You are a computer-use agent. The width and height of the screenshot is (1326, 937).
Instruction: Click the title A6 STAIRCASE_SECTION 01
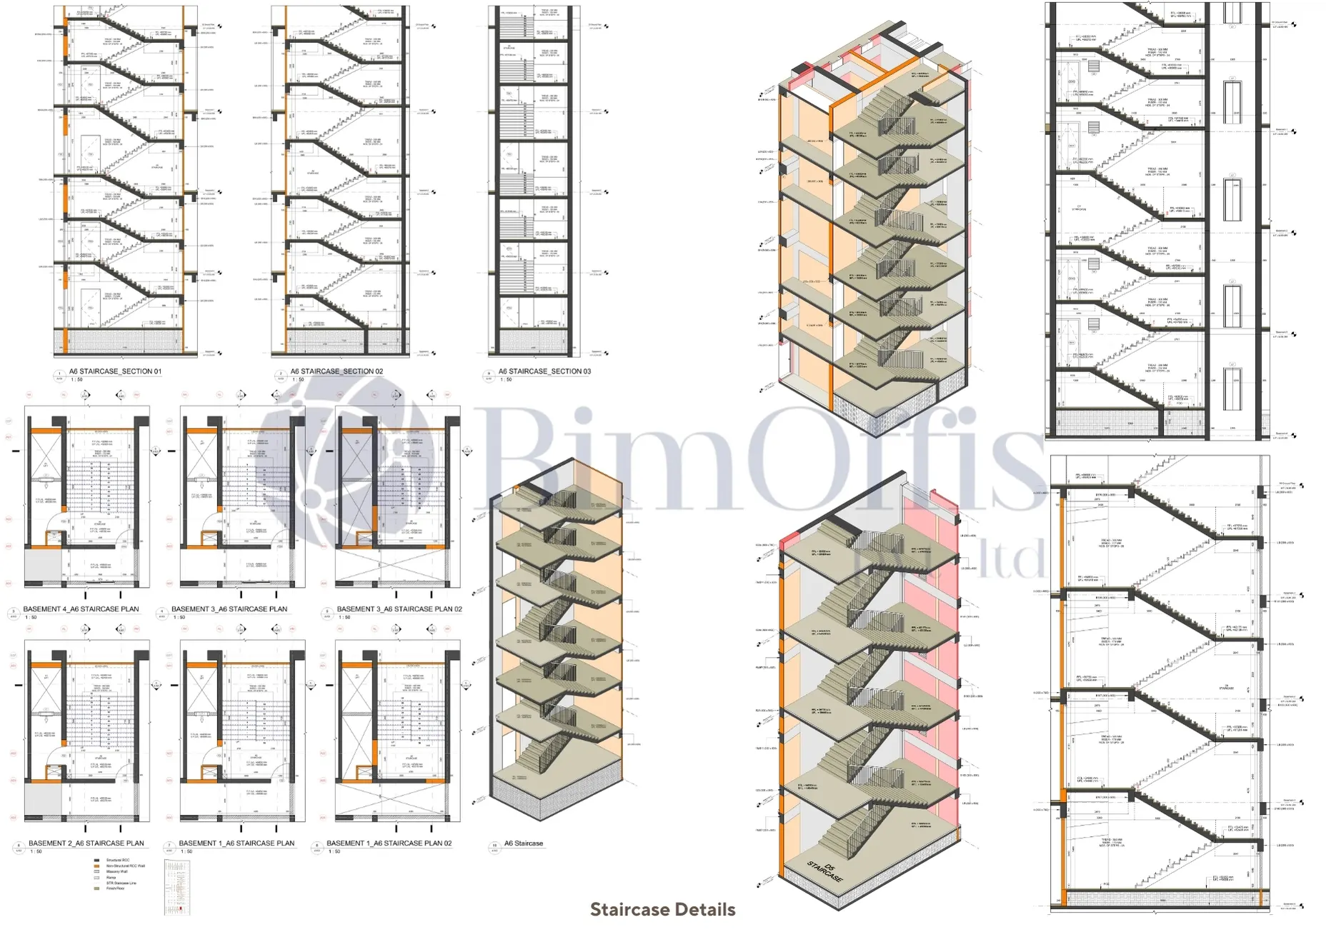point(115,371)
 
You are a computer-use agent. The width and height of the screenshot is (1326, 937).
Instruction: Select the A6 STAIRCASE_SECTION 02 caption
point(337,371)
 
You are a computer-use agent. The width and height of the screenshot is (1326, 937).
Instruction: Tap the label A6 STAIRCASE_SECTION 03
point(544,371)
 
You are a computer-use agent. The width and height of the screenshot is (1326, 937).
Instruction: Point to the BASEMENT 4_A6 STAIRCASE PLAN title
point(81,609)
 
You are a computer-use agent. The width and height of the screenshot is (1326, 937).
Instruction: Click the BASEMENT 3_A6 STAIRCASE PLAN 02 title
point(399,609)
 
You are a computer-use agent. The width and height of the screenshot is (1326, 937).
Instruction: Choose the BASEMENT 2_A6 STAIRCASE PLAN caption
point(86,843)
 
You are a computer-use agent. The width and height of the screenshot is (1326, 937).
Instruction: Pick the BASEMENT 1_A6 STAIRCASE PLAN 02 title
point(389,843)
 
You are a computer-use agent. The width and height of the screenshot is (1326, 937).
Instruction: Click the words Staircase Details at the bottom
point(662,909)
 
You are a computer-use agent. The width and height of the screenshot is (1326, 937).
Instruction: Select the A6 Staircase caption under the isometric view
point(523,843)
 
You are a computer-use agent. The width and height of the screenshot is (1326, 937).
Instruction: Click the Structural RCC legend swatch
point(97,860)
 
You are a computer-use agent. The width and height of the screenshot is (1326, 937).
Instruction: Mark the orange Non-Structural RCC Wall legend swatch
point(97,866)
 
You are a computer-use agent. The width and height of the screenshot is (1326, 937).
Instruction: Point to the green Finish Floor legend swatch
point(97,888)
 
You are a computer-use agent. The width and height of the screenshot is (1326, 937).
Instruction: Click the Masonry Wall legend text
point(117,871)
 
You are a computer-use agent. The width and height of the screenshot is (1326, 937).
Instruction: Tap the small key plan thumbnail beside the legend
point(177,887)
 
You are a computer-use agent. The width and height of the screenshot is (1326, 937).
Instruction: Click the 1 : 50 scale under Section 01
point(76,380)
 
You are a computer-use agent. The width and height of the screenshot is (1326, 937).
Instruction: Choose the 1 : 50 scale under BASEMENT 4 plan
point(31,618)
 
